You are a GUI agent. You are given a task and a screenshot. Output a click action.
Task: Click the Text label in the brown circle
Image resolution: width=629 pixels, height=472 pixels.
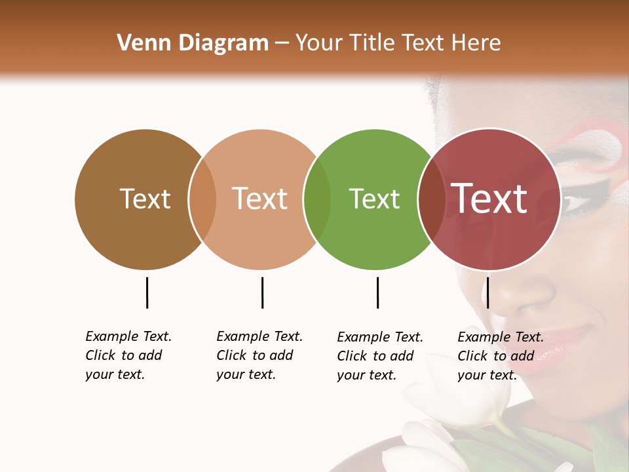(145, 199)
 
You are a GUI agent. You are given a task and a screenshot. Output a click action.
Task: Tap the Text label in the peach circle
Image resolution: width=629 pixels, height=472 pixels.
(259, 199)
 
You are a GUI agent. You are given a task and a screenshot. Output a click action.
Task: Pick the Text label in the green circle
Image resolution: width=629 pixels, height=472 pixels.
(374, 199)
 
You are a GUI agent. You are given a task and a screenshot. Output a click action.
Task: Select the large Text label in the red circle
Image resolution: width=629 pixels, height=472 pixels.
(489, 199)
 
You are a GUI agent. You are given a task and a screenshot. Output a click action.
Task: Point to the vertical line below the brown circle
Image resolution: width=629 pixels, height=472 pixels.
(147, 292)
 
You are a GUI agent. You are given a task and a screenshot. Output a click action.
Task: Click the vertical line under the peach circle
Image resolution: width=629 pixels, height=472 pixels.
(262, 292)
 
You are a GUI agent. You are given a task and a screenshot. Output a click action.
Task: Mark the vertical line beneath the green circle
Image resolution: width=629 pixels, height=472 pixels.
(377, 292)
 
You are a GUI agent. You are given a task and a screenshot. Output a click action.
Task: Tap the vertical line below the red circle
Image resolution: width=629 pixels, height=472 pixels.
(487, 292)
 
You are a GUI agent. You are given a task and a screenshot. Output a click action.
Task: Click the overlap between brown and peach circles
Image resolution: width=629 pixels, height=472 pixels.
(202, 199)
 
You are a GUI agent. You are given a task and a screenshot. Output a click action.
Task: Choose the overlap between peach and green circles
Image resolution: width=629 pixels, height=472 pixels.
(317, 199)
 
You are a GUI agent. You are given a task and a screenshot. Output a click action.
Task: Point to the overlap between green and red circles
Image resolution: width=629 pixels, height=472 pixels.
(430, 199)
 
